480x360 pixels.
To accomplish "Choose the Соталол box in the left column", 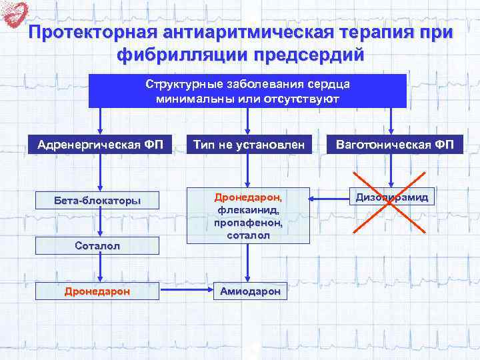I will pos(99,246).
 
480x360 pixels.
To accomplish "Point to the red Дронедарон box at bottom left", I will pos(99,291).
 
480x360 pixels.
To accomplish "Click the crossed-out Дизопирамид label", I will pos(392,197).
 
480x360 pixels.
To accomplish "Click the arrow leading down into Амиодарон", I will pos(248,263).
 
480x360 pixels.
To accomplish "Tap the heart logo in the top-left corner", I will pos(15,14).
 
